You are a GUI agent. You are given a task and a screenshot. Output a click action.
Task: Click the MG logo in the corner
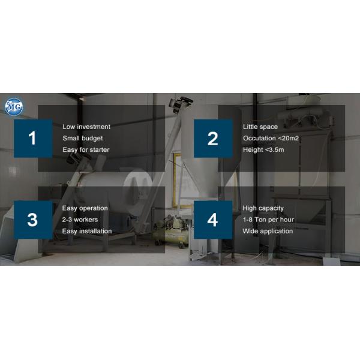pyautogui.click(x=13, y=107)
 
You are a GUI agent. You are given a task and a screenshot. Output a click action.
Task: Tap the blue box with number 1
pyautogui.click(x=32, y=139)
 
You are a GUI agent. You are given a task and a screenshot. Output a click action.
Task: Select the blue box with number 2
pyautogui.click(x=212, y=139)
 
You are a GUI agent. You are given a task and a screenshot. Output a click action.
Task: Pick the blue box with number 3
pyautogui.click(x=32, y=220)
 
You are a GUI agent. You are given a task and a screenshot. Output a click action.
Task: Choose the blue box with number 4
pyautogui.click(x=212, y=220)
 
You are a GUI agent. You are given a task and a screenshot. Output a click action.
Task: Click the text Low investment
pyautogui.click(x=86, y=127)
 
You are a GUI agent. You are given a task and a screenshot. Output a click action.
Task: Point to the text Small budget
pyautogui.click(x=83, y=138)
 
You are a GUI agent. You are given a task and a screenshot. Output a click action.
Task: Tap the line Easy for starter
pyautogui.click(x=86, y=149)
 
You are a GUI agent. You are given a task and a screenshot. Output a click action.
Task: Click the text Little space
pyautogui.click(x=260, y=127)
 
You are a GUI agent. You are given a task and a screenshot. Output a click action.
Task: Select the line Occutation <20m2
pyautogui.click(x=271, y=138)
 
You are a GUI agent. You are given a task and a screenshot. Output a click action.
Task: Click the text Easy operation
pyautogui.click(x=85, y=208)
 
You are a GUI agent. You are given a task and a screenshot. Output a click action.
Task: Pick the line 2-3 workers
pyautogui.click(x=80, y=220)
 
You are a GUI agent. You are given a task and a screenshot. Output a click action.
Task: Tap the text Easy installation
pyautogui.click(x=87, y=231)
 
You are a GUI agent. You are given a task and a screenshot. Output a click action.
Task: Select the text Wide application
pyautogui.click(x=268, y=231)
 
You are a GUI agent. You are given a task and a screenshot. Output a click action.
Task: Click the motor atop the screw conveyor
pyautogui.click(x=179, y=104)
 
